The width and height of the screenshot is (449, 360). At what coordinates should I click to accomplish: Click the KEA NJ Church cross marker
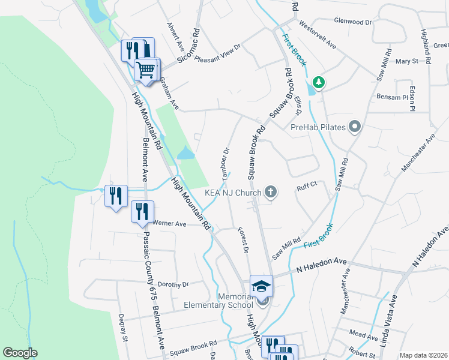(271, 192)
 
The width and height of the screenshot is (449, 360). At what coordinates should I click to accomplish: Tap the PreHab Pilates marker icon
(355, 127)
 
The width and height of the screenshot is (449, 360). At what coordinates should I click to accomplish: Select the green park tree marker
(319, 83)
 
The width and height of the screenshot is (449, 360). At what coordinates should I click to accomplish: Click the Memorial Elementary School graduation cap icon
(261, 286)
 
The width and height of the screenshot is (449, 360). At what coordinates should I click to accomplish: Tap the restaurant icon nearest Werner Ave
(142, 211)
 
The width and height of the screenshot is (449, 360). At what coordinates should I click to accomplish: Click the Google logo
(20, 353)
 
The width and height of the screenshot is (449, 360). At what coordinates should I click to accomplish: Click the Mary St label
(406, 61)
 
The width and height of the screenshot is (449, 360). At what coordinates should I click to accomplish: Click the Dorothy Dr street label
(173, 284)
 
